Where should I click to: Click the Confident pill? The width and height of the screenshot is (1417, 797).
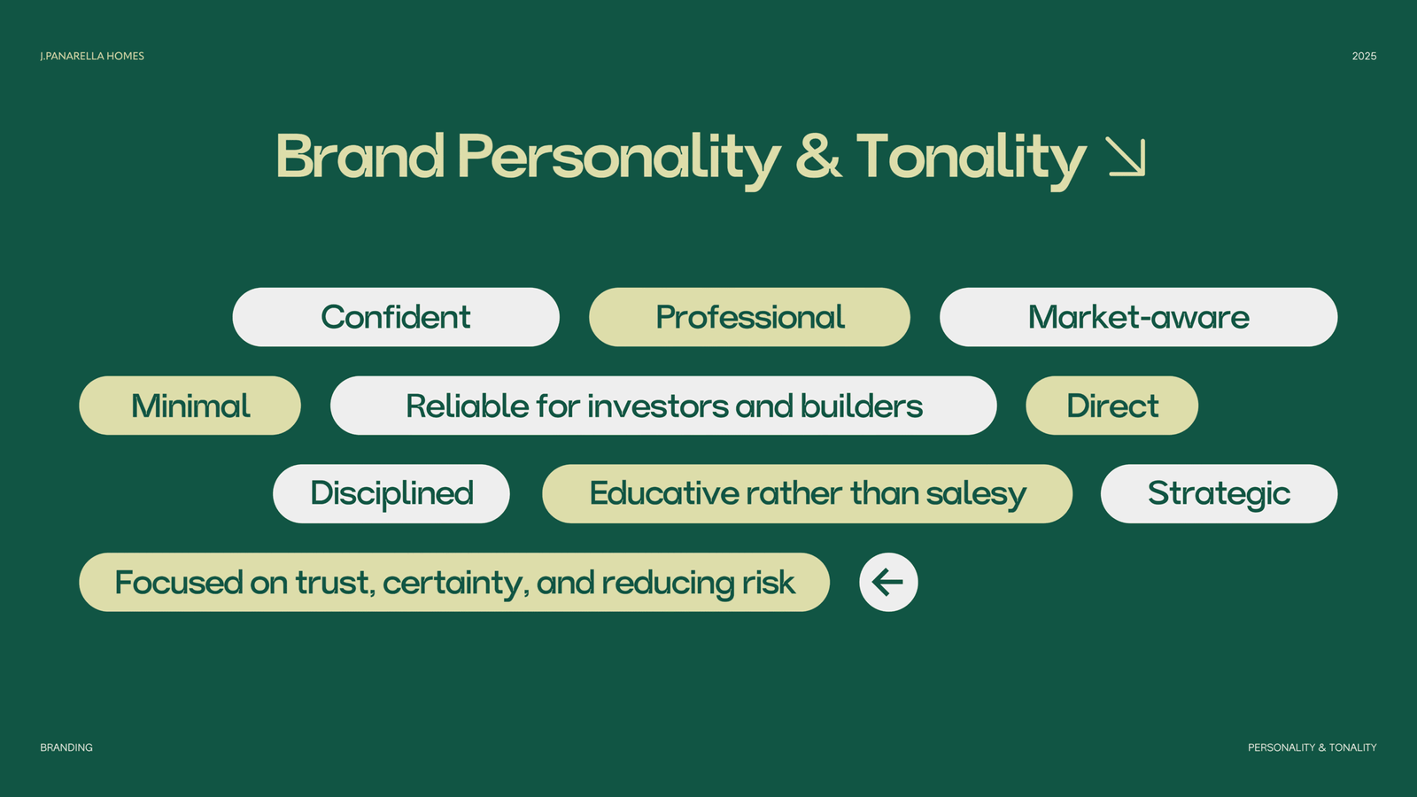[396, 317]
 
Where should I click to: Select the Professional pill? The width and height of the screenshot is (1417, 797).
[749, 317]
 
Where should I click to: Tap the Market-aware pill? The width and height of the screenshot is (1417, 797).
[1139, 317]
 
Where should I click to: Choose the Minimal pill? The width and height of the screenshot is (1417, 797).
[190, 406]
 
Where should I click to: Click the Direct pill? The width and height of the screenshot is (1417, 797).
[1112, 406]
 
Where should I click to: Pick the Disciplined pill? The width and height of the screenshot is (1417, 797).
[391, 494]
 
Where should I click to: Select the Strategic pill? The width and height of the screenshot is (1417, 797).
[1219, 494]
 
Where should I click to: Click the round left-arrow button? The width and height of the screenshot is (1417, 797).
[888, 582]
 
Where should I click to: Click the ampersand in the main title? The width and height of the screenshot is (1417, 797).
[818, 156]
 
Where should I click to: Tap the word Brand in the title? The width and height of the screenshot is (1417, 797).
[360, 156]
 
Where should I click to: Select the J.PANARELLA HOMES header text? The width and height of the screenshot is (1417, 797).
[92, 57]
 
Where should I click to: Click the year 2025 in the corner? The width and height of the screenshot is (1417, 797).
[1365, 57]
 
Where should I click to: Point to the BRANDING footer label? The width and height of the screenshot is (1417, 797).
[66, 747]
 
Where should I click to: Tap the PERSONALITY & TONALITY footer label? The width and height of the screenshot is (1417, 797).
[1312, 747]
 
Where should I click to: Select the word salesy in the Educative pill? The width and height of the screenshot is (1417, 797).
[976, 495]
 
